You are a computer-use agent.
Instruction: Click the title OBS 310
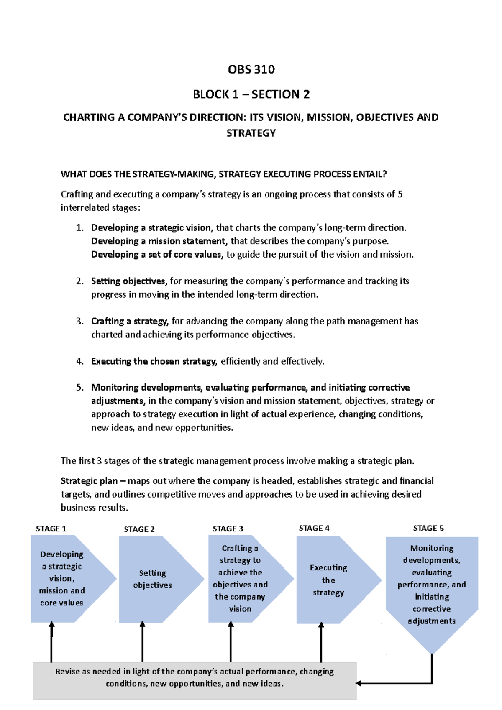(x=251, y=69)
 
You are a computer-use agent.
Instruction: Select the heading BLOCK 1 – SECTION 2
(x=251, y=94)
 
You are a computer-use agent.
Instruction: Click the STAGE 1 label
(x=51, y=529)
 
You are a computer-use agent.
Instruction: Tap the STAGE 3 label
(x=228, y=529)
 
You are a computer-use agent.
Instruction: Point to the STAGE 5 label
(x=428, y=528)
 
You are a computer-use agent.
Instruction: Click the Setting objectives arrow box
(x=153, y=579)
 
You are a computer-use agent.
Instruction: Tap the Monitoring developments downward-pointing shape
(x=432, y=585)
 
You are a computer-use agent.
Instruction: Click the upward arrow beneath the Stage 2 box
(x=142, y=642)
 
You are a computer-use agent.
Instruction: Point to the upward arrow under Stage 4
(x=321, y=642)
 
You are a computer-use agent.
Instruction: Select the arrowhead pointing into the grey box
(x=359, y=683)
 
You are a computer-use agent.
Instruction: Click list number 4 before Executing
(x=79, y=361)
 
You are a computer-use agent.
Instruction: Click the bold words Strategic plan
(x=89, y=481)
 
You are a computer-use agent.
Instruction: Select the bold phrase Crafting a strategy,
(x=130, y=321)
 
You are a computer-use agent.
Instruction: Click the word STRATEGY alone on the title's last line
(x=251, y=133)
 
